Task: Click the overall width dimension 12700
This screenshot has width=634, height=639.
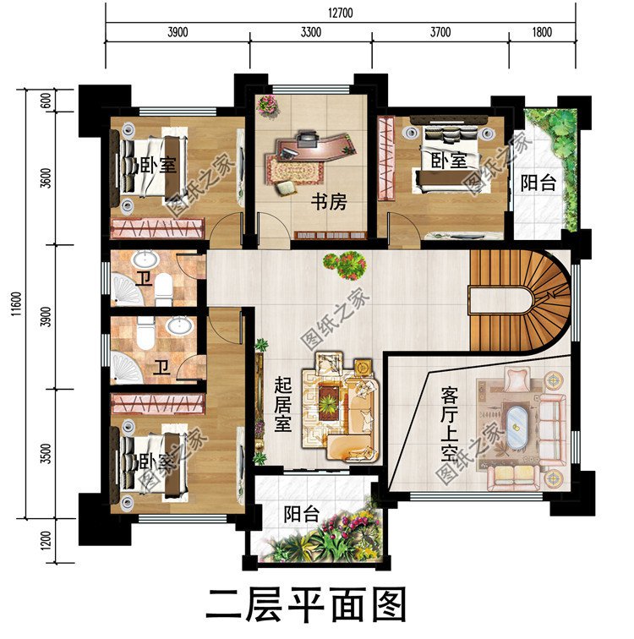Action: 342,12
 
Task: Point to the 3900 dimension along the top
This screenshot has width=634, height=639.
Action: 177,33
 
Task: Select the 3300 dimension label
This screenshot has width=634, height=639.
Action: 310,33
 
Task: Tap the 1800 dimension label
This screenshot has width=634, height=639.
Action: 542,33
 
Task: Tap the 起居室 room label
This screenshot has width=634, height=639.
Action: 282,404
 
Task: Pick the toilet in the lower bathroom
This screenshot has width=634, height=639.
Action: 146,336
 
